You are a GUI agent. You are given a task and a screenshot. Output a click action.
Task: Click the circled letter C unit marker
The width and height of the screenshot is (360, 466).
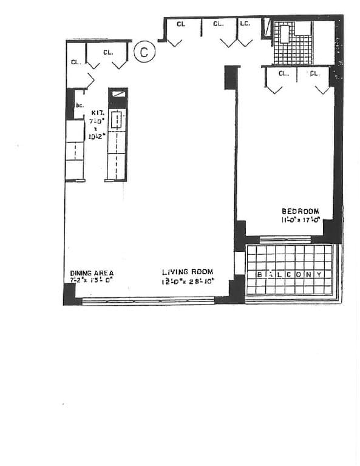(144, 52)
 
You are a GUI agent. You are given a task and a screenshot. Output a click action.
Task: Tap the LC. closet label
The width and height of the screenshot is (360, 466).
(245, 24)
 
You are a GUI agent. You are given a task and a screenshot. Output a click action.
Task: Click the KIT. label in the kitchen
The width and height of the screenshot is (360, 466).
(98, 113)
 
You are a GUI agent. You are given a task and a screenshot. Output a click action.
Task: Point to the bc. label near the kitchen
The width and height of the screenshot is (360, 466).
(79, 105)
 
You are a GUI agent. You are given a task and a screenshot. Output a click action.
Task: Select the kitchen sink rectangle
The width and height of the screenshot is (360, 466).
(117, 120)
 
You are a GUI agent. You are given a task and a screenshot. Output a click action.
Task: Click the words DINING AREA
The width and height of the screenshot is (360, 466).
(92, 273)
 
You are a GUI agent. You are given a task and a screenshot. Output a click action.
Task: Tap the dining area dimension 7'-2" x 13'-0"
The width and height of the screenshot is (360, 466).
(92, 281)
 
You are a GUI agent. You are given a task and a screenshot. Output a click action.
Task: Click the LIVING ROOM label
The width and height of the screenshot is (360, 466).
(187, 272)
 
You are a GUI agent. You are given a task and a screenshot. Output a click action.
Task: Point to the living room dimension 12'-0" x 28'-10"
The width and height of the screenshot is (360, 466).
(187, 282)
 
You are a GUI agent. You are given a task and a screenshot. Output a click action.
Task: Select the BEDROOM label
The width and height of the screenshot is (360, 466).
(300, 211)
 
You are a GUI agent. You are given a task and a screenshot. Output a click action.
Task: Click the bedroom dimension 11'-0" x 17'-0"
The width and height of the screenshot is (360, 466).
(300, 220)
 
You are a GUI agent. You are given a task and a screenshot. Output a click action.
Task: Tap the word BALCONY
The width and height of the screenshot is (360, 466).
(290, 274)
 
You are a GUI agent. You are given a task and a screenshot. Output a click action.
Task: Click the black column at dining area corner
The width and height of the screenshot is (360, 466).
(70, 294)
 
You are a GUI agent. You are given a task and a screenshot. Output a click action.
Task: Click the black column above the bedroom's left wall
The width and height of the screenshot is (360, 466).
(231, 77)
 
